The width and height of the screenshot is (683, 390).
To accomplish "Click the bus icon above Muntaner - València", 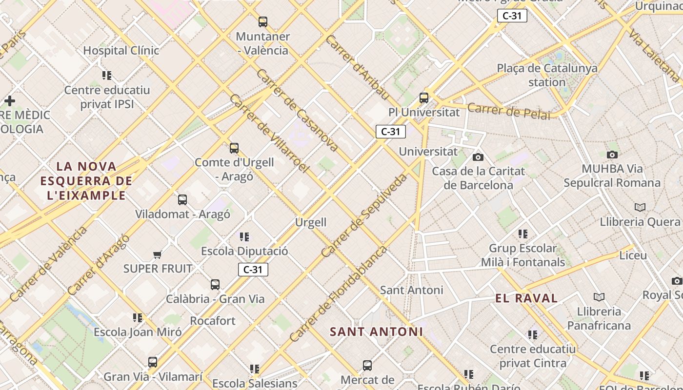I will (263, 22).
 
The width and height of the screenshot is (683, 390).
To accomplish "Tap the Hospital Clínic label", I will (121, 50).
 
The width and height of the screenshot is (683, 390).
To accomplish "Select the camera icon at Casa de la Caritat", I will (478, 157).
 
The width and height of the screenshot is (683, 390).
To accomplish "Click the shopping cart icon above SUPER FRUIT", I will (157, 254).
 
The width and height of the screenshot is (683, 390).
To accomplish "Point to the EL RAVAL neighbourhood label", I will (526, 298).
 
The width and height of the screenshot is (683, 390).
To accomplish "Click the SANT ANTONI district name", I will (376, 331).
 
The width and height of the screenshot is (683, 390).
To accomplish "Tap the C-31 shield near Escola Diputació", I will (253, 270).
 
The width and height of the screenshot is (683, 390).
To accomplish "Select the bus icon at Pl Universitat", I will (424, 98).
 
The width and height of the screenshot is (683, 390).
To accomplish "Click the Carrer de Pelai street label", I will (508, 111).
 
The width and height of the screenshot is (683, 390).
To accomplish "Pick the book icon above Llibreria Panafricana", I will (599, 297).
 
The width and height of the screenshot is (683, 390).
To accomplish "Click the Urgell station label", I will (311, 222).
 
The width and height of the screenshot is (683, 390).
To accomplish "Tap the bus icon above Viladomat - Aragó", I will (182, 200).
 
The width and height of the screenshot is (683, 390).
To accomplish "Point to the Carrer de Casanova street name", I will (297, 109).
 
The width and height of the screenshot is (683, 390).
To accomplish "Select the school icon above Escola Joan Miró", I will (138, 318).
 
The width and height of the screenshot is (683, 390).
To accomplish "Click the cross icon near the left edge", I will (9, 101).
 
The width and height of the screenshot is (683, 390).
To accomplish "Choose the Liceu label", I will (633, 255).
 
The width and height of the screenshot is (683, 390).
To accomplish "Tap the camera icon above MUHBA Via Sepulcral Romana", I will (612, 155).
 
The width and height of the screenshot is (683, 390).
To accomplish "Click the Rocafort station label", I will (213, 321).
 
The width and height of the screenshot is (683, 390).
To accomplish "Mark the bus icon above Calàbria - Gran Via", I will (215, 285).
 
